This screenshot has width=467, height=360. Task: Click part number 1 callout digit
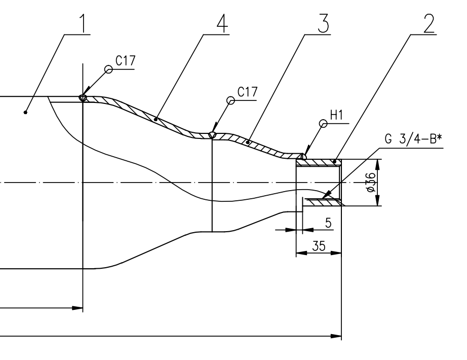click(84, 23)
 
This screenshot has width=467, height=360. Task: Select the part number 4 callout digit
click(222, 23)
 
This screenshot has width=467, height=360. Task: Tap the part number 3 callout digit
click(324, 23)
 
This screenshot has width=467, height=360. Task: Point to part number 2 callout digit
click(429, 23)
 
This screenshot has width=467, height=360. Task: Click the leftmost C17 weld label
click(126, 61)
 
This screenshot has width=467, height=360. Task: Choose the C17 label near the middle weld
click(247, 92)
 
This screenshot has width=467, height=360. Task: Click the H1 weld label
click(336, 115)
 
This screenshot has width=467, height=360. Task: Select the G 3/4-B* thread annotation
click(413, 139)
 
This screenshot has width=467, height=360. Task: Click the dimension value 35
click(319, 246)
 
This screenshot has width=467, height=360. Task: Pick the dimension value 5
click(328, 223)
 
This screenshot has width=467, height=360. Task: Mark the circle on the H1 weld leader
click(323, 124)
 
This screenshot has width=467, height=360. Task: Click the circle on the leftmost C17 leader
click(109, 69)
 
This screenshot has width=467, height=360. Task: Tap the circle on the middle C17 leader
click(231, 100)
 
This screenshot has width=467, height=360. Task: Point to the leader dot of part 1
click(26, 112)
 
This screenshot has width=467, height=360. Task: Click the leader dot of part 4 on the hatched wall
click(155, 119)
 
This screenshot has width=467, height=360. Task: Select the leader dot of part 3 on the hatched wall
click(248, 142)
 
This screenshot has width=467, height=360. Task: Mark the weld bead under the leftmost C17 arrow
click(83, 98)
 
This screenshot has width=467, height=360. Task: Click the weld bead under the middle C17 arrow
click(212, 135)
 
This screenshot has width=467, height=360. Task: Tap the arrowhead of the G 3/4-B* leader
click(326, 195)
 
